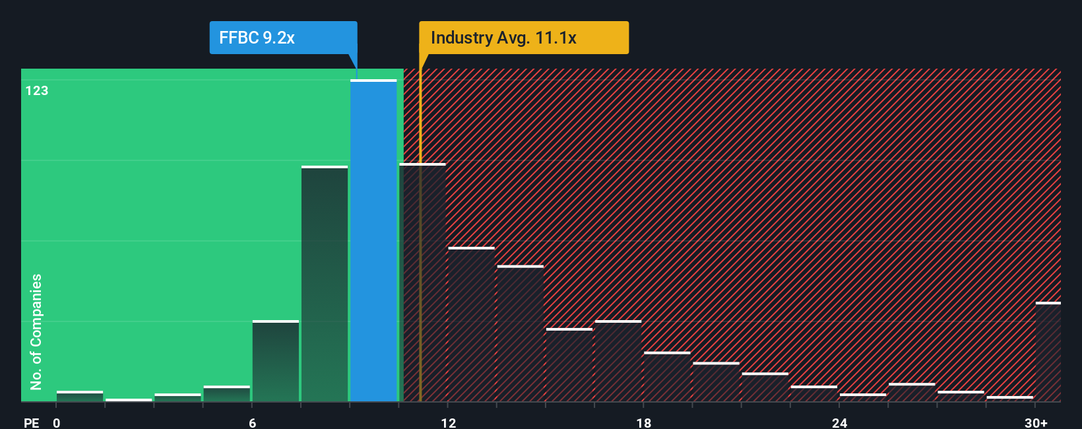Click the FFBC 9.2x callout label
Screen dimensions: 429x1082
[x=283, y=38]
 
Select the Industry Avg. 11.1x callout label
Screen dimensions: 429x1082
[x=523, y=38]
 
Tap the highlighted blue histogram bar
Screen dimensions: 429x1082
[x=373, y=241]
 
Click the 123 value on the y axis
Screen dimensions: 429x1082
[x=37, y=91]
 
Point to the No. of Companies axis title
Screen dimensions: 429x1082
[x=36, y=331]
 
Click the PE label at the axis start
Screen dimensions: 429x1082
[x=31, y=422]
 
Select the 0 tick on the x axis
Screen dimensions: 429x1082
[x=57, y=422]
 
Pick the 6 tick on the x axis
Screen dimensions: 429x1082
[x=253, y=422]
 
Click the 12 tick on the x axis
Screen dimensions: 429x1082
[x=449, y=422]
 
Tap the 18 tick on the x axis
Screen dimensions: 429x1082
[x=644, y=422]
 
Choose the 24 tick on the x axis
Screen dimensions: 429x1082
[x=839, y=422]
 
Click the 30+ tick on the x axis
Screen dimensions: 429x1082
[x=1036, y=422]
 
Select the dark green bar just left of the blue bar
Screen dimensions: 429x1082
[x=325, y=284]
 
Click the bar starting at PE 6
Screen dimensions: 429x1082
[x=276, y=361]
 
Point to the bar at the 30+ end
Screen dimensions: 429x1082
[x=1048, y=352]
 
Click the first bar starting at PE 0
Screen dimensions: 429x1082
[x=80, y=397]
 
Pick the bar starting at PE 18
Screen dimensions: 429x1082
[x=667, y=377]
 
